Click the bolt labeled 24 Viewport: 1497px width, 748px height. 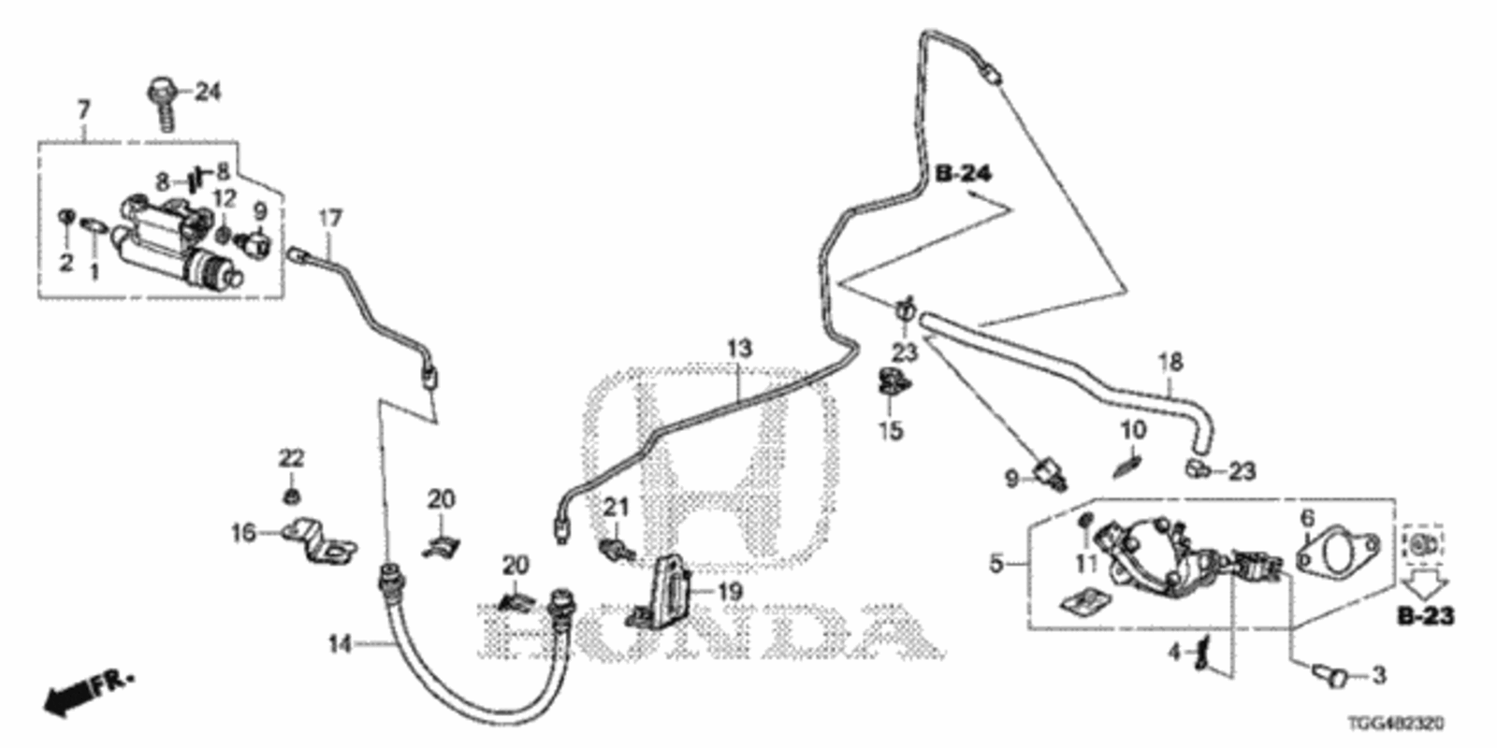point(164,105)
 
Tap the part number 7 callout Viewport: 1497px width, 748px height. point(83,110)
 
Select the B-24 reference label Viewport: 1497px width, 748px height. point(963,173)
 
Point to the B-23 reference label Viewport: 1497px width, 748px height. point(1426,616)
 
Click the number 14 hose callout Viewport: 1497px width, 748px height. point(341,643)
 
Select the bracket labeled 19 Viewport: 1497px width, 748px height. point(668,591)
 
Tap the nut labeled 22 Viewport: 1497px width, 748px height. point(292,493)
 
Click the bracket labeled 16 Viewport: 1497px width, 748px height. point(318,541)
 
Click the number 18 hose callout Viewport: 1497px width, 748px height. point(1170,361)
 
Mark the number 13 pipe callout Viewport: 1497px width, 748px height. point(739,349)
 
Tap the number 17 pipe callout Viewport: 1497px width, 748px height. point(330,219)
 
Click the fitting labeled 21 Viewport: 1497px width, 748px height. point(616,547)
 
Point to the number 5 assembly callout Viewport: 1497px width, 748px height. point(996,563)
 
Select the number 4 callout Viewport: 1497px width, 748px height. point(1174,651)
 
